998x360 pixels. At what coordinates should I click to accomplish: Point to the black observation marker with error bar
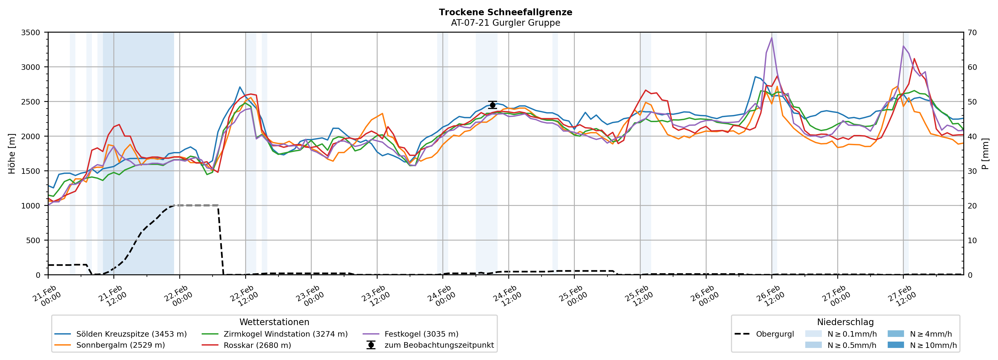click(x=492, y=105)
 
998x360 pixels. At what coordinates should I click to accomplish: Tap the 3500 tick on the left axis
click(x=31, y=33)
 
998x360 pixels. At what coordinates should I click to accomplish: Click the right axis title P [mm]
click(x=985, y=153)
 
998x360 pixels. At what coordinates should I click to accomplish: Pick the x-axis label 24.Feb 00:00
click(x=441, y=296)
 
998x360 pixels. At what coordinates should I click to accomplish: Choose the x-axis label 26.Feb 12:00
click(x=770, y=296)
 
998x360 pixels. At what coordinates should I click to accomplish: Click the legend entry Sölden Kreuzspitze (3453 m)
click(x=131, y=334)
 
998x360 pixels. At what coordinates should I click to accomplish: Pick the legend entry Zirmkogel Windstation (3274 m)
click(x=285, y=334)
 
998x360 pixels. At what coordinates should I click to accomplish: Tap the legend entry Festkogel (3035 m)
click(x=421, y=334)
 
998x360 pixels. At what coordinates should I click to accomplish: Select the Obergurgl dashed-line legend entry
click(x=775, y=334)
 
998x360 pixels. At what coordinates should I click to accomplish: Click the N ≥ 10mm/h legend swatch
click(x=895, y=345)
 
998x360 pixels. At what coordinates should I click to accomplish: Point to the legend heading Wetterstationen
click(x=274, y=322)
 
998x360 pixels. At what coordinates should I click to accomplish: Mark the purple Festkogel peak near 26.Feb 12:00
click(x=771, y=38)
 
